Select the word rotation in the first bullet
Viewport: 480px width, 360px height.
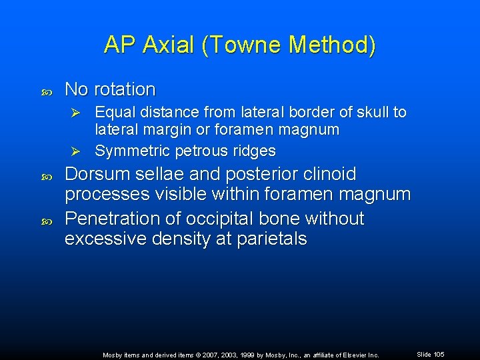point(125,89)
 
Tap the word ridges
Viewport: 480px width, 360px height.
point(252,151)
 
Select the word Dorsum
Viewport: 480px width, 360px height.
point(98,175)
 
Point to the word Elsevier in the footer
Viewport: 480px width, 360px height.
point(351,355)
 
